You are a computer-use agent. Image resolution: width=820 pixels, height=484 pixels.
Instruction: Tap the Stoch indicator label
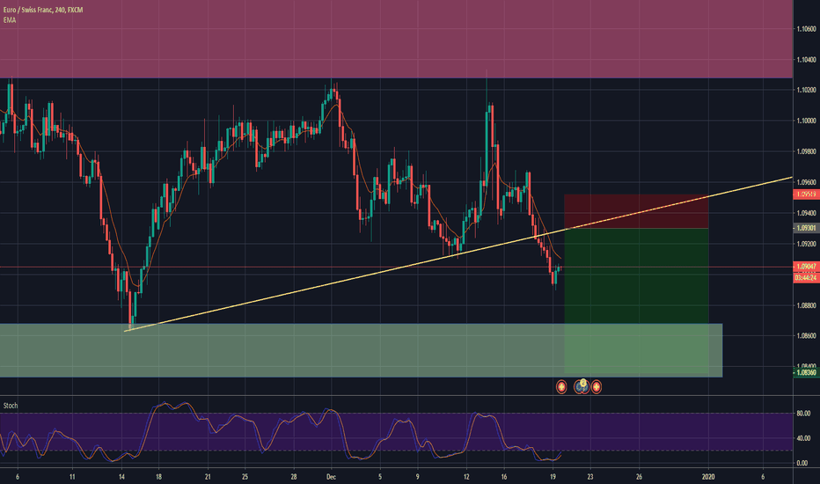pyautogui.click(x=11, y=406)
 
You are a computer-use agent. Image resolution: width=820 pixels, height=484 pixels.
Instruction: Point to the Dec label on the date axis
pyautogui.click(x=332, y=476)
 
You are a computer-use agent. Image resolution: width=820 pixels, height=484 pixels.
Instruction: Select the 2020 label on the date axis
pyautogui.click(x=708, y=476)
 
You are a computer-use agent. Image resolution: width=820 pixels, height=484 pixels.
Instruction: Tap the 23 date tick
pyautogui.click(x=589, y=476)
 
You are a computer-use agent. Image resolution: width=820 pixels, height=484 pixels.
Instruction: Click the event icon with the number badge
pyautogui.click(x=581, y=385)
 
